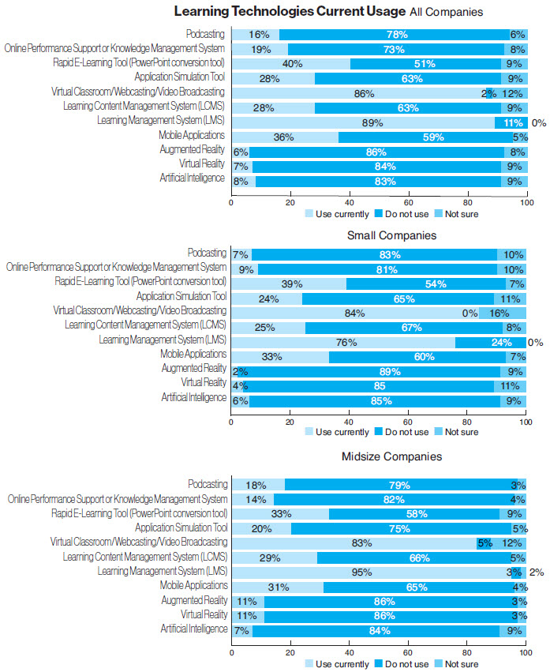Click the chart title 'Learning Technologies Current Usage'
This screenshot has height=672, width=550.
click(290, 12)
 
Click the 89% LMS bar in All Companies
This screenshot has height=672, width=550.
click(362, 122)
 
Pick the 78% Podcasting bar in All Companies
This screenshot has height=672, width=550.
click(395, 35)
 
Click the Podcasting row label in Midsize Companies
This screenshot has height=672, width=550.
click(208, 484)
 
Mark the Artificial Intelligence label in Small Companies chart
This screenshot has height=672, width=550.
click(193, 398)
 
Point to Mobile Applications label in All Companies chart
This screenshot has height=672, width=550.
click(192, 136)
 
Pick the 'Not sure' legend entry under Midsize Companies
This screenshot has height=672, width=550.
click(461, 664)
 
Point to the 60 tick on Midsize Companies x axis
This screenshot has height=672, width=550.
click(407, 653)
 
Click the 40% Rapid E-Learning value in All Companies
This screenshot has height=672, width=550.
click(293, 64)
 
